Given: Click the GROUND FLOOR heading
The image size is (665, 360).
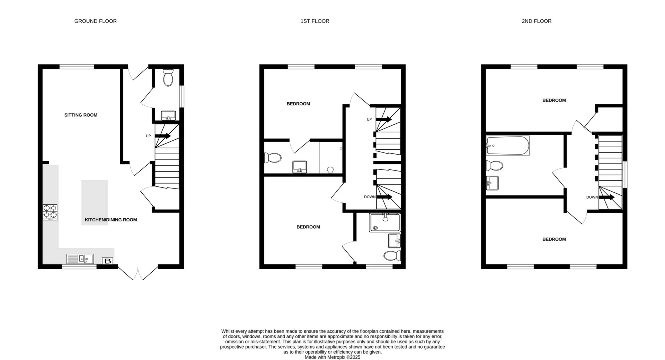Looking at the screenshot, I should (95, 21).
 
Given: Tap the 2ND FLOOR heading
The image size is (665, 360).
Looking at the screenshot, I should (536, 21).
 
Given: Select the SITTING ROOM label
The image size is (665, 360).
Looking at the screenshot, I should (81, 115).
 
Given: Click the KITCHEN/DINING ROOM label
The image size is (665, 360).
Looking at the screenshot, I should (111, 220).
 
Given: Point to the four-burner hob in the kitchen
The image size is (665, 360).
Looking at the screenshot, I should (50, 212).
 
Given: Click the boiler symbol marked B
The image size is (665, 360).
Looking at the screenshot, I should (107, 261).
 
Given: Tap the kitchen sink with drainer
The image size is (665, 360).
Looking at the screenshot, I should (80, 259).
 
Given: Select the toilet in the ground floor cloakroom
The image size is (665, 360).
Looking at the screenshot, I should (168, 77).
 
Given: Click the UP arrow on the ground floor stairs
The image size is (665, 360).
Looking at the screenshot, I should (163, 136).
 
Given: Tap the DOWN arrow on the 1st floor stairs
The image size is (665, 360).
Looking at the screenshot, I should (384, 197).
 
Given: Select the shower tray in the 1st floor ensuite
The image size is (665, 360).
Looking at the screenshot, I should (384, 222).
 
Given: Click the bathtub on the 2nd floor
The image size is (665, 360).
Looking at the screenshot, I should (508, 146).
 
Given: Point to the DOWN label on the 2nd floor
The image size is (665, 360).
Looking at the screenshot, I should (592, 197).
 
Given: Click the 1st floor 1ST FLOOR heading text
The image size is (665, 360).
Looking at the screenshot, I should (314, 21).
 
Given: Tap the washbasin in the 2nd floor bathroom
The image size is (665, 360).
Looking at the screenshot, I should (492, 183).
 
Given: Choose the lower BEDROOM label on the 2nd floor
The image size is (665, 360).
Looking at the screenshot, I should (554, 239).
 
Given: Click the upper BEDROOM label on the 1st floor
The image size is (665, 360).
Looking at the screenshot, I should (298, 104).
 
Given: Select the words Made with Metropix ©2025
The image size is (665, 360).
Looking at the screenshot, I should (332, 357).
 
